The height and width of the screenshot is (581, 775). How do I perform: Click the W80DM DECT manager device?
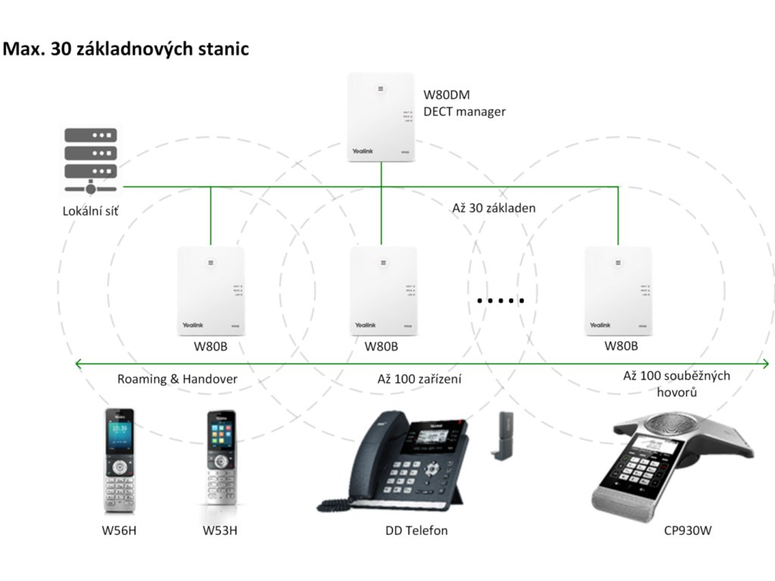381,117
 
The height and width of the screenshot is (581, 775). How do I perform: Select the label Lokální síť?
90,212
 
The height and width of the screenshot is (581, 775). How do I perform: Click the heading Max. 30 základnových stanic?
126,50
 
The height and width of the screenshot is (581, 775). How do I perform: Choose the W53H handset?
221,461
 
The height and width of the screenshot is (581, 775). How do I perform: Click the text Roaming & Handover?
177,379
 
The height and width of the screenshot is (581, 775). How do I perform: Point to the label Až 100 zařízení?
419,379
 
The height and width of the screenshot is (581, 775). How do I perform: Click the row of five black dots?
501,301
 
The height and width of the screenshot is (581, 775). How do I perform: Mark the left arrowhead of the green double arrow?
78,364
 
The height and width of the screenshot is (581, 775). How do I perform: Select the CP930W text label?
688,530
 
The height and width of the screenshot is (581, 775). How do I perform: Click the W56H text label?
119,530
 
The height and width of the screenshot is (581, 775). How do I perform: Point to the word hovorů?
677,393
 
